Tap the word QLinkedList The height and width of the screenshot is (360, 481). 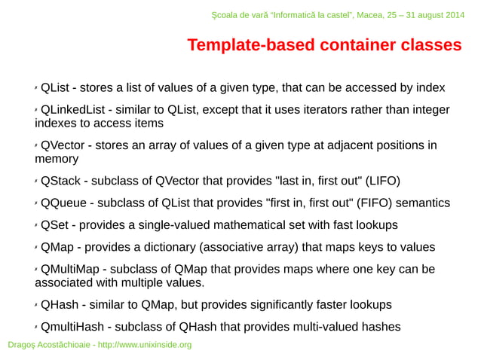click(72, 110)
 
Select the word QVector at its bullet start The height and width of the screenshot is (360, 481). click(63, 145)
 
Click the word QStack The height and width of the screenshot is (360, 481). click(60, 181)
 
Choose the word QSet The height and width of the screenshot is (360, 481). click(55, 225)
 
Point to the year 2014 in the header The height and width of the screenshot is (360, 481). click(454, 16)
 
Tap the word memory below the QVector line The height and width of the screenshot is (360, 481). click(57, 160)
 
